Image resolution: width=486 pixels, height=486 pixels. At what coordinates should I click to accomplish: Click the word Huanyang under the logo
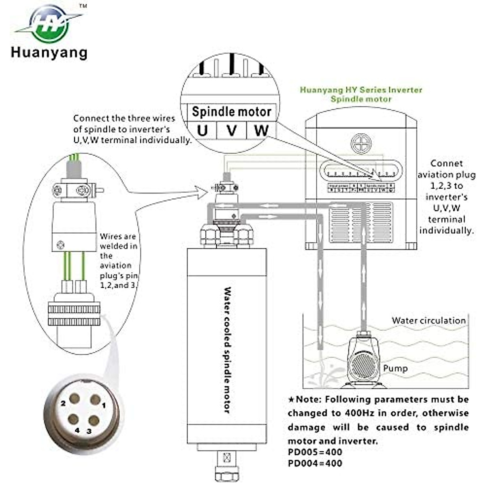coord(49,53)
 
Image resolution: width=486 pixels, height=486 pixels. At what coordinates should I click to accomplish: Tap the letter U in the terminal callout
coord(202,131)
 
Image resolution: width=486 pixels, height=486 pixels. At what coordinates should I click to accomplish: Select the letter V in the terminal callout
coord(231,131)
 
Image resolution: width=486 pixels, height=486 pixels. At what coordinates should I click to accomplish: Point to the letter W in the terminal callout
coord(261,130)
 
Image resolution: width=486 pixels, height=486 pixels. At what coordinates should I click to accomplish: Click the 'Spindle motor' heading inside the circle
coord(231,111)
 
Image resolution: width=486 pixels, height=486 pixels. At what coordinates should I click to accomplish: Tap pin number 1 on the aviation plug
coord(95,400)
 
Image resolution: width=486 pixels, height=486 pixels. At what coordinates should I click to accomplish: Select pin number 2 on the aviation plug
coord(74,399)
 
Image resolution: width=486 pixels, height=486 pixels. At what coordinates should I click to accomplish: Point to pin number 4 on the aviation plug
coord(73,419)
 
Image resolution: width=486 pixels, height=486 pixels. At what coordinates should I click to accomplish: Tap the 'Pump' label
coord(395,368)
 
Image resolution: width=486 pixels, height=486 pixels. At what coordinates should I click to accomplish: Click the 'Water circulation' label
coord(428,320)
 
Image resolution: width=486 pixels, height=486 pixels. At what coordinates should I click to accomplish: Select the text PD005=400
coord(315,452)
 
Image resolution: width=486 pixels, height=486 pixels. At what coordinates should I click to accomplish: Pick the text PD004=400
coord(315,463)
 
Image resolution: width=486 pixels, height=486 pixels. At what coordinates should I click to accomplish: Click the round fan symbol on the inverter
coord(361,143)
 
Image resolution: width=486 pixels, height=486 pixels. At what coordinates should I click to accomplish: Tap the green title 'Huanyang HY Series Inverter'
coord(361,90)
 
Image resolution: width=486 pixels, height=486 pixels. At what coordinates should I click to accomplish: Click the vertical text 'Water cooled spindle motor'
coord(227,350)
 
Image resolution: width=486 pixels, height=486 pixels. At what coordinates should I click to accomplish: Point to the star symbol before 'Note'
coord(291,400)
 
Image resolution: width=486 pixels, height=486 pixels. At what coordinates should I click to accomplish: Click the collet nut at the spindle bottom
coord(226,472)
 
